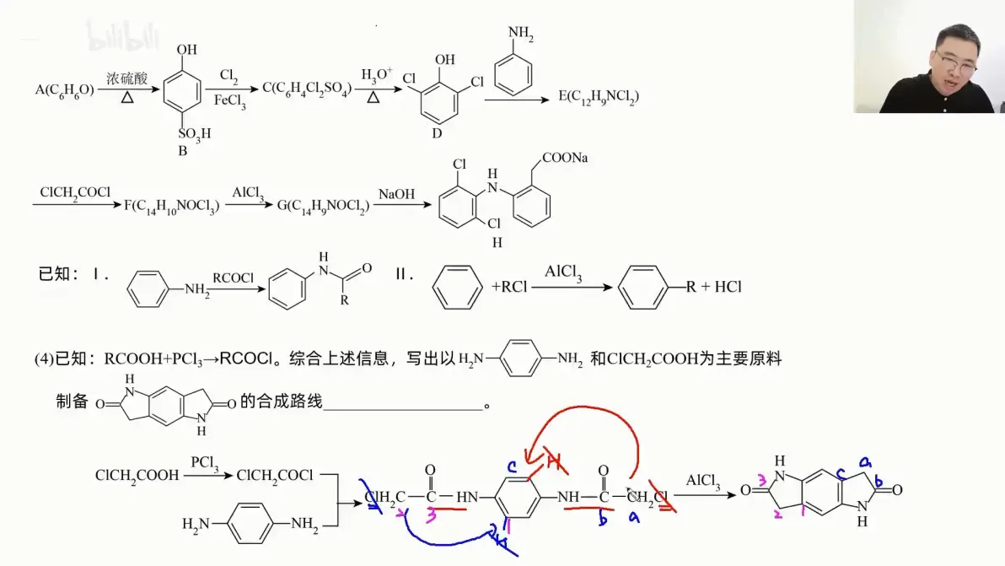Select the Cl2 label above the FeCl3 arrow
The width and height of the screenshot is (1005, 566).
[228, 76]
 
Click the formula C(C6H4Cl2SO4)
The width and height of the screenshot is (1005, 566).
[309, 88]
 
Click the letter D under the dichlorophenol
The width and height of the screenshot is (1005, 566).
[437, 132]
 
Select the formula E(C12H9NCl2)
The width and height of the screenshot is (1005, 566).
[599, 97]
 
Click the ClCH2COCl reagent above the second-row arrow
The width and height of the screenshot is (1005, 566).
[75, 192]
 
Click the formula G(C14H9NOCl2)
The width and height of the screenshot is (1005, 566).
[323, 206]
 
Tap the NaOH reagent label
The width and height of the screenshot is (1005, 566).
[395, 193]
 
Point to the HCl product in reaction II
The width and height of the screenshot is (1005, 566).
[727, 287]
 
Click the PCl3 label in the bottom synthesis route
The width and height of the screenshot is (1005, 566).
[206, 462]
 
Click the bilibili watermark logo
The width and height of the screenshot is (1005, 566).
[112, 35]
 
